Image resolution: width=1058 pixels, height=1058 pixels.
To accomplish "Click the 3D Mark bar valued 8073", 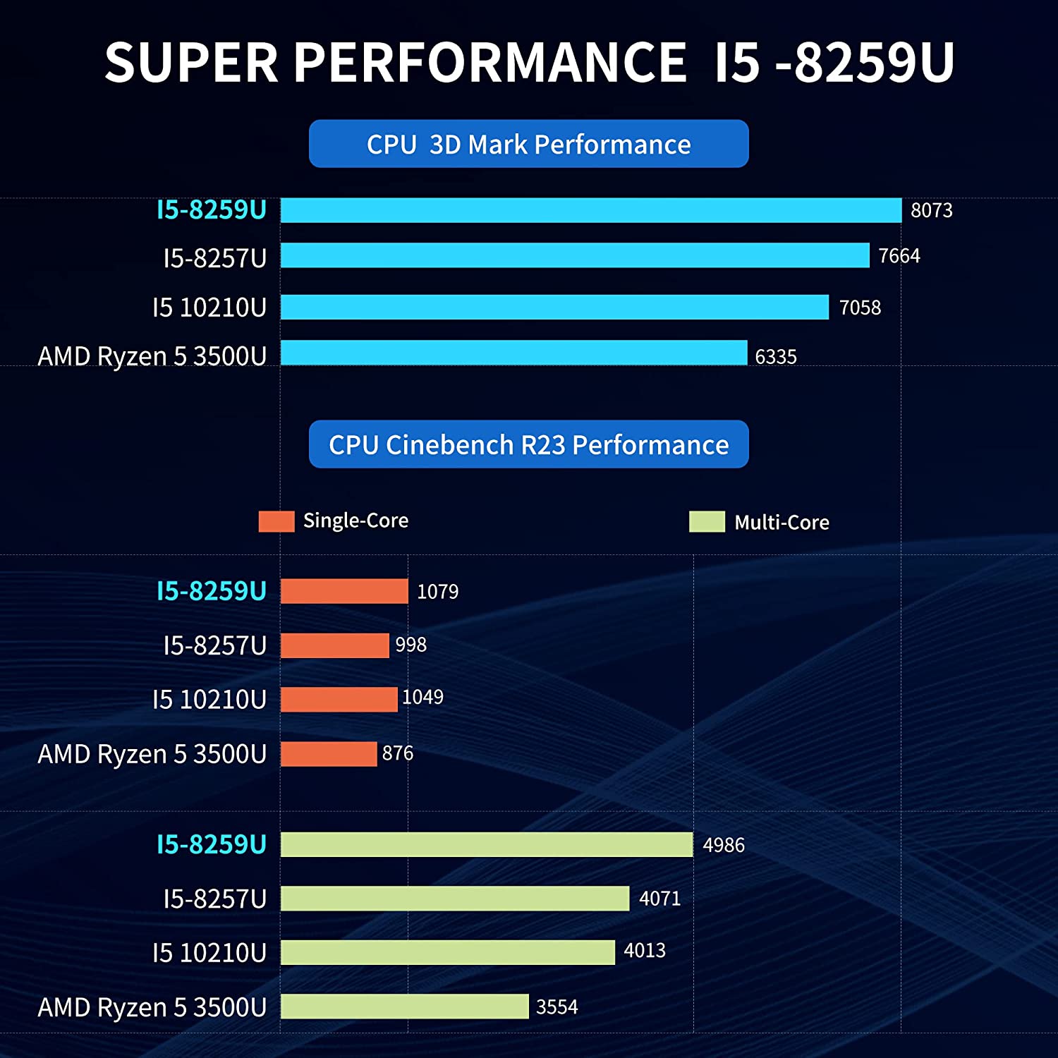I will (x=591, y=210).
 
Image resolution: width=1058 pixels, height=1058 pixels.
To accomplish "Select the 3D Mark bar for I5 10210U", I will (x=554, y=307).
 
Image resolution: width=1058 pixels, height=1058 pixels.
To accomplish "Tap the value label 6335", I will (x=776, y=357).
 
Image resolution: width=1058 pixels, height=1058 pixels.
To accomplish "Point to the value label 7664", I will (x=899, y=255).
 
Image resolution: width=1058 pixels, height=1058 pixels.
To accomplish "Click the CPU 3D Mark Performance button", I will (x=528, y=144).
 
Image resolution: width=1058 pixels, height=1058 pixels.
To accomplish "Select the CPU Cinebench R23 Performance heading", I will (x=528, y=444).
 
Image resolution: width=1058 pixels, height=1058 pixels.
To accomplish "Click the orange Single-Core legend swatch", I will (x=276, y=521).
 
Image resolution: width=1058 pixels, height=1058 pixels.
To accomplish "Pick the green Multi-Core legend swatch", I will (x=707, y=522).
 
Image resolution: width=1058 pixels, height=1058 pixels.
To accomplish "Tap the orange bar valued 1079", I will (x=344, y=591).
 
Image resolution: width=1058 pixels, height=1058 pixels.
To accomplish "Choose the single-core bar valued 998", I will (x=334, y=645).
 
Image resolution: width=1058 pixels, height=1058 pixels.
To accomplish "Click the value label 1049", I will (x=422, y=698).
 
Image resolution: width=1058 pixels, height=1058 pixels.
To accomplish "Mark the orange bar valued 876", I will (x=329, y=754).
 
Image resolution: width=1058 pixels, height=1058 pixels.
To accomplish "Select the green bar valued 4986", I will (x=487, y=844).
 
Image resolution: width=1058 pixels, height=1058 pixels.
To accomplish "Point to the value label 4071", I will (x=659, y=899).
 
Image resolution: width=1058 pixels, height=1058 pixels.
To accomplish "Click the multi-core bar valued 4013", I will (x=448, y=952).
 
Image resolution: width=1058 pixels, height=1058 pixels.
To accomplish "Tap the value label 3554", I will (x=557, y=1007).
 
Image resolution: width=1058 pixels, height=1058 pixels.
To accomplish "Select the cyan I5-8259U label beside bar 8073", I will (x=212, y=210).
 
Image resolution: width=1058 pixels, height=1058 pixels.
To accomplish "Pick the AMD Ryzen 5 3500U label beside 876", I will (x=152, y=754).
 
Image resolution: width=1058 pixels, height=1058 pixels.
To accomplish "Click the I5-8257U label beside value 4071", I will (x=215, y=899).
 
